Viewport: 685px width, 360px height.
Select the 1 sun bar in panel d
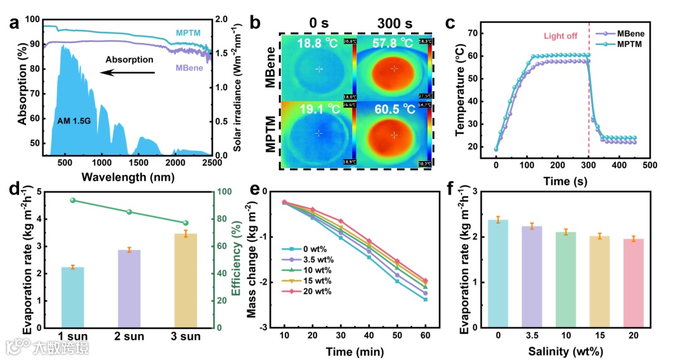click(x=72, y=297)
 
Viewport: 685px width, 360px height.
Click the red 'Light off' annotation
click(x=560, y=36)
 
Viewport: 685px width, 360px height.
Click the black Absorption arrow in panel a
click(x=127, y=72)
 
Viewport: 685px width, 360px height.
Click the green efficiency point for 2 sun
click(x=129, y=212)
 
